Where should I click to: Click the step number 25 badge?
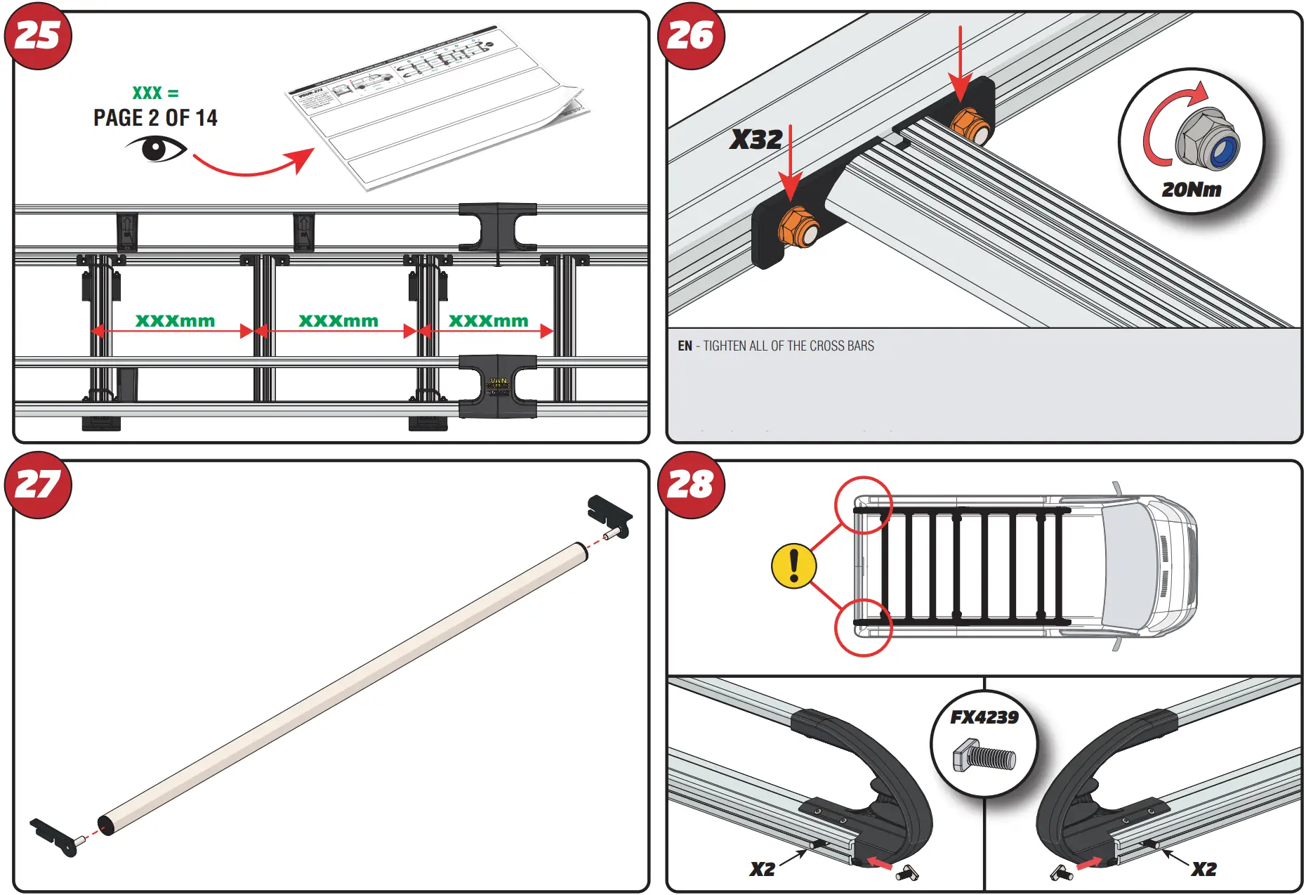38,36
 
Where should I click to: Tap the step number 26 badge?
691,36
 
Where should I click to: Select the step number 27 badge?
38,485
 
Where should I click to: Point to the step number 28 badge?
691,485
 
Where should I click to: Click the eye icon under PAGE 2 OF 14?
156,149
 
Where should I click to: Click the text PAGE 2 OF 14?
155,118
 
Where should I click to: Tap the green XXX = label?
155,93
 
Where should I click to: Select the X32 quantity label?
756,139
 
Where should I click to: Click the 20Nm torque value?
1191,190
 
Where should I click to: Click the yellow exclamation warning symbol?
794,566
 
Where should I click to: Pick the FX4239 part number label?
984,717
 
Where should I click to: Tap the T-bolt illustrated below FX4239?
984,757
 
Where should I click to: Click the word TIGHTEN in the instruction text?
725,346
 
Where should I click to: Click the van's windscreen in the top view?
1128,566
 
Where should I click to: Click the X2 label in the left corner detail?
762,869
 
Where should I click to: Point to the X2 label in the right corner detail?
1203,869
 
